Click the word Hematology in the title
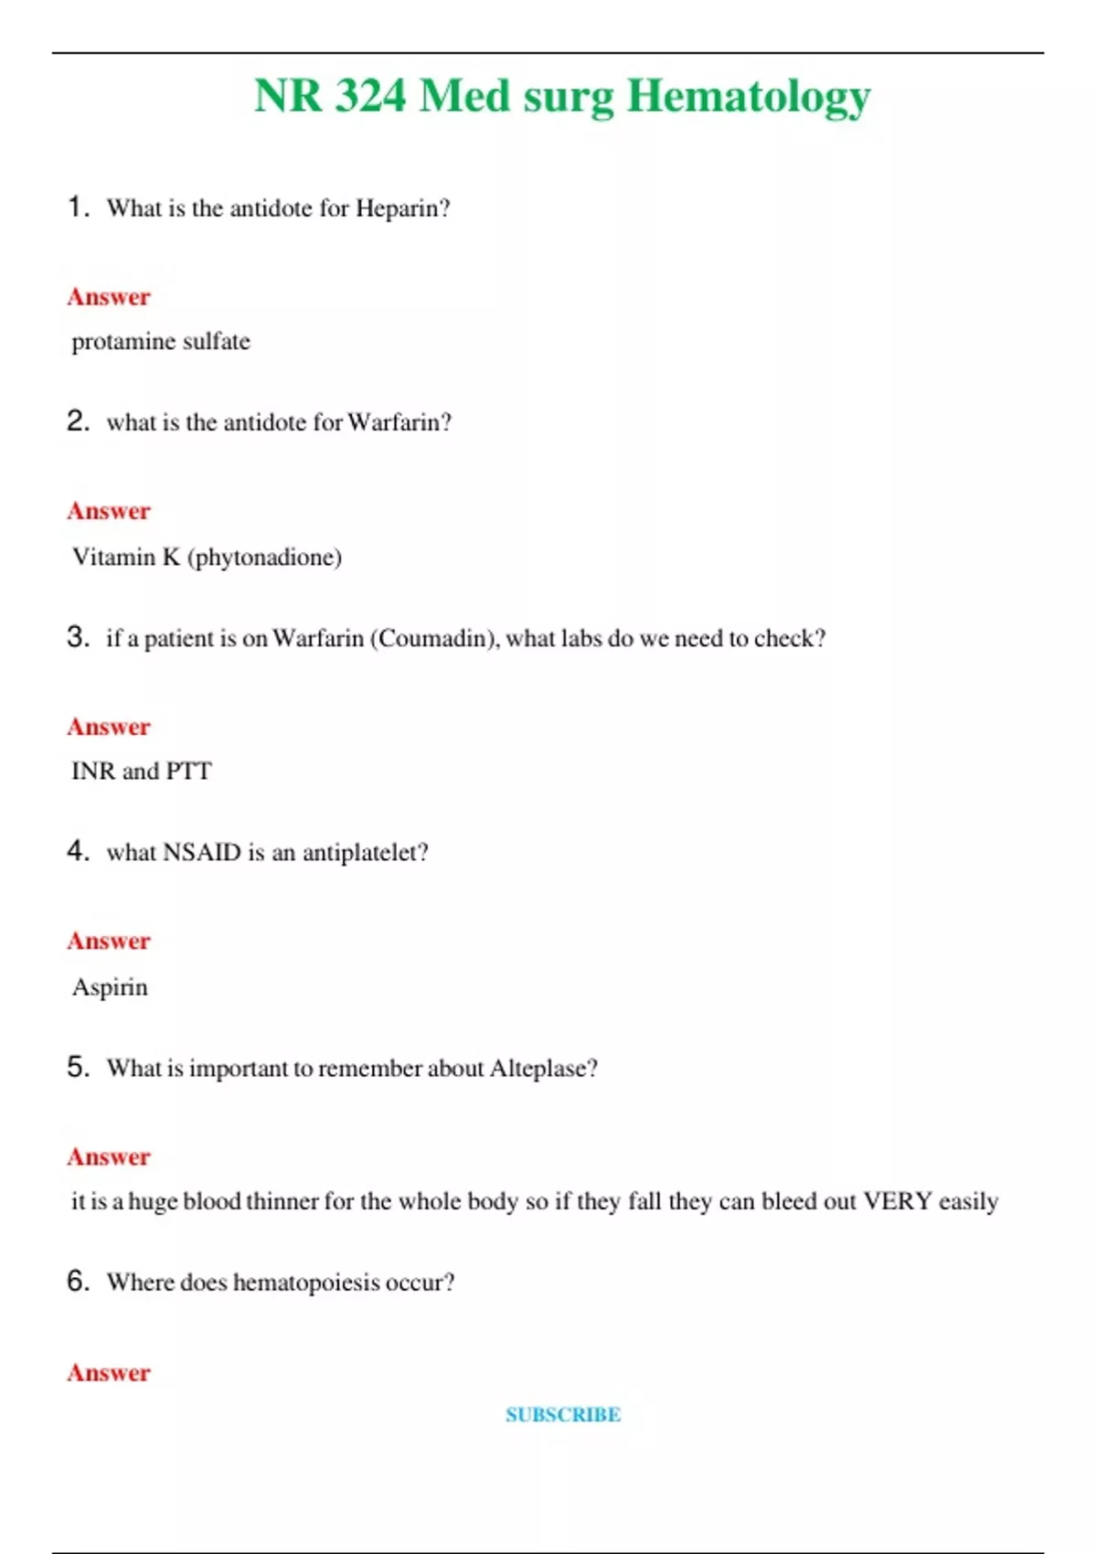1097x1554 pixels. point(748,97)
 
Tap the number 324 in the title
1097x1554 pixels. point(370,95)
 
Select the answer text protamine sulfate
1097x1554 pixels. point(161,342)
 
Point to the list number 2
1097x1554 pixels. point(78,421)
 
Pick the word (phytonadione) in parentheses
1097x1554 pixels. point(265,557)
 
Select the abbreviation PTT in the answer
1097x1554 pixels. point(188,772)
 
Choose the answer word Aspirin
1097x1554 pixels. point(110,987)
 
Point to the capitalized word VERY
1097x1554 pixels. point(898,1201)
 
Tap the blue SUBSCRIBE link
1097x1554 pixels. point(563,1415)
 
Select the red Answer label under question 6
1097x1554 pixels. point(109,1373)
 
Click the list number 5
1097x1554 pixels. point(78,1067)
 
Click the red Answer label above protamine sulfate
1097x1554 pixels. point(109,297)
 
